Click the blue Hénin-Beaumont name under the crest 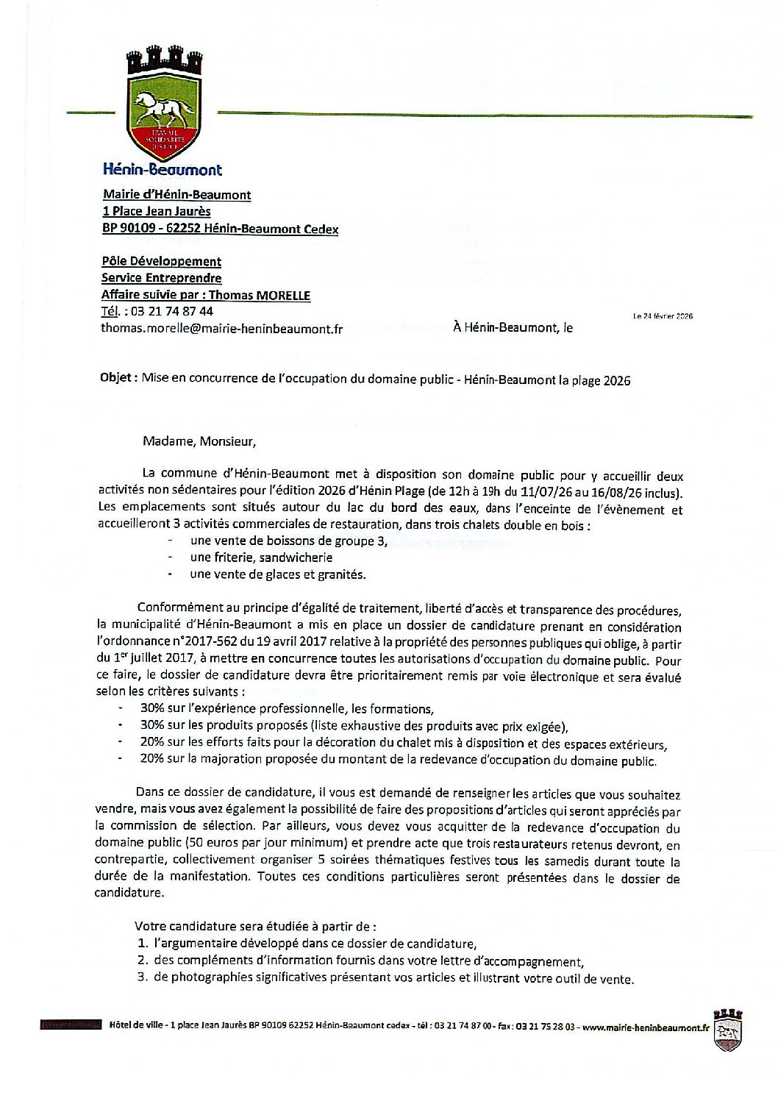[162, 170]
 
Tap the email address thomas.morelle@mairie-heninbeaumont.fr [221, 329]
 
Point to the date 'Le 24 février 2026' [663, 316]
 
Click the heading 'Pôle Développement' [161, 261]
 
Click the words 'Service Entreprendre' [161, 278]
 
